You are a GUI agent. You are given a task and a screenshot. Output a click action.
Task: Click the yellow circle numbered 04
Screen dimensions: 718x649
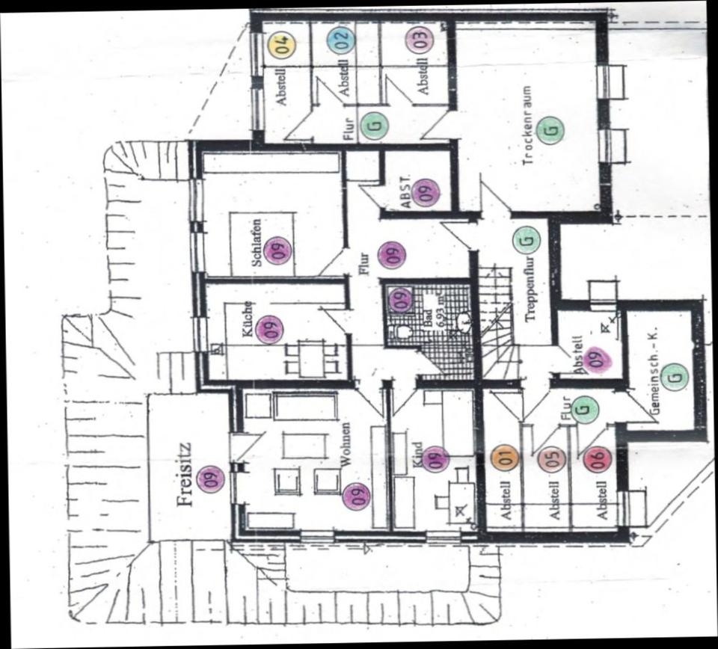[x=282, y=45]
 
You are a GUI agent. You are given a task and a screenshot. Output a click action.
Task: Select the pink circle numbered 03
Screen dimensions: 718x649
[x=419, y=40]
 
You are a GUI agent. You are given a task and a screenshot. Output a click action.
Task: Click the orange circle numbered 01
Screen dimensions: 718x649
[x=504, y=458]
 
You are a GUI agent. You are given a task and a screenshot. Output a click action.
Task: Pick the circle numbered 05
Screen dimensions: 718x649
[x=551, y=458]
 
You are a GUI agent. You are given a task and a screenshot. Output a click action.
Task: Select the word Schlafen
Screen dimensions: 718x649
[x=257, y=242]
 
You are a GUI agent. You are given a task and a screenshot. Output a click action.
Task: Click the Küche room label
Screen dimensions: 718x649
[x=248, y=320]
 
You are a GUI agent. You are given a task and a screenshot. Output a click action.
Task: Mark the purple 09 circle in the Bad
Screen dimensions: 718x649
[x=399, y=300]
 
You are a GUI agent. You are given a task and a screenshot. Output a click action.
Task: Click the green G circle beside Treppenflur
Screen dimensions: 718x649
[x=527, y=239]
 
